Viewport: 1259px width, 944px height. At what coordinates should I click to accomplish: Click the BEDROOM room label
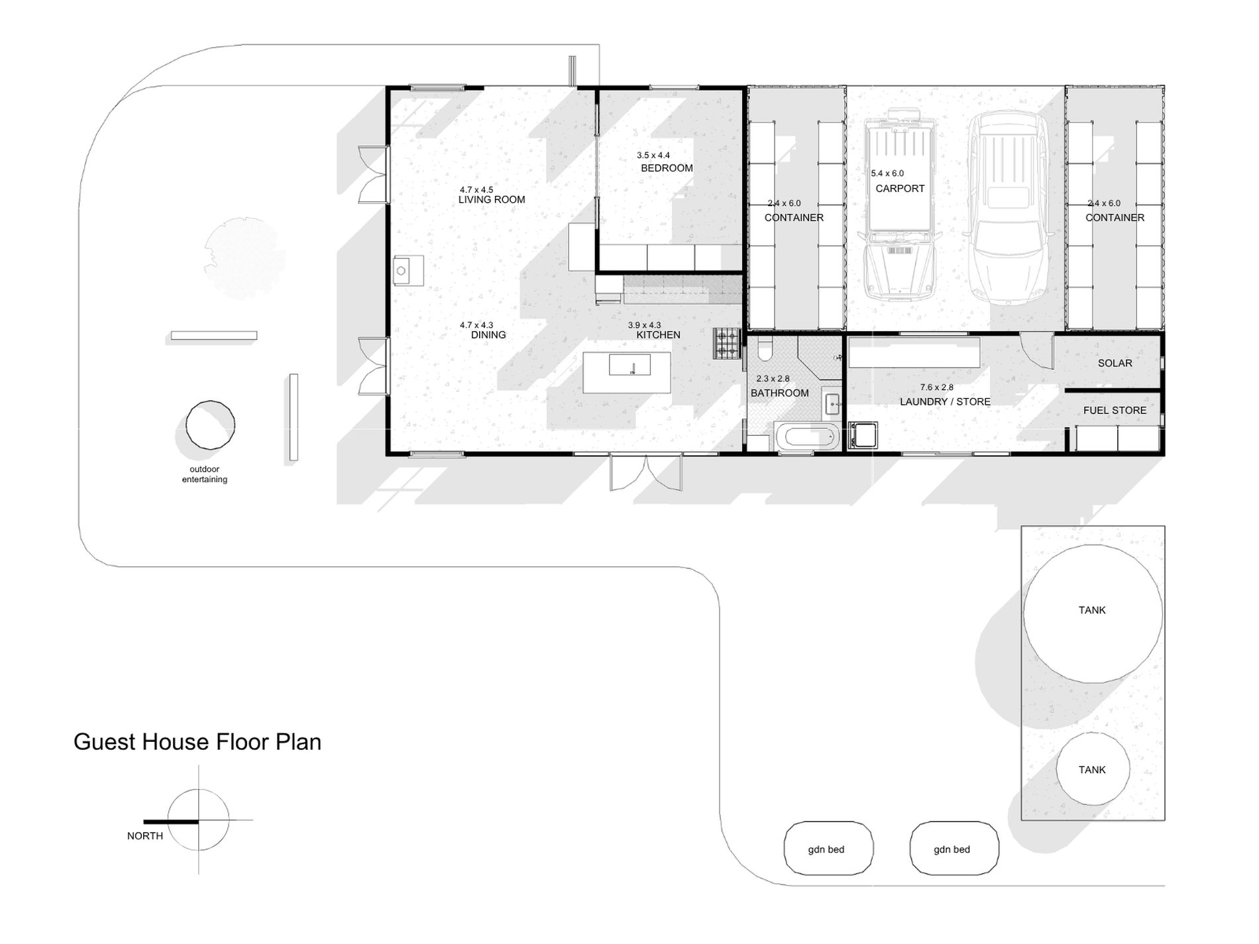click(667, 168)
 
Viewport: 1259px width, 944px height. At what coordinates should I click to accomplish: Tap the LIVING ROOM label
click(492, 199)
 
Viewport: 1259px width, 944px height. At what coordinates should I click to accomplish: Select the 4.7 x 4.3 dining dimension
click(476, 325)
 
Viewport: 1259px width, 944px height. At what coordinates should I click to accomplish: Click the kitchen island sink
click(631, 365)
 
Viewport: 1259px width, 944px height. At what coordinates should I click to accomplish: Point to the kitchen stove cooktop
click(726, 344)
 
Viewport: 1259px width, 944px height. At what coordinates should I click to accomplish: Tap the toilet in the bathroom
click(764, 347)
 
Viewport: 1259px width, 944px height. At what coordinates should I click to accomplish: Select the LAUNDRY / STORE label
click(945, 401)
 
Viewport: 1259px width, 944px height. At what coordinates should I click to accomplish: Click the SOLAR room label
click(1115, 363)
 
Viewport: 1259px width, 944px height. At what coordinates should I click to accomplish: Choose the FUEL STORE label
click(1115, 410)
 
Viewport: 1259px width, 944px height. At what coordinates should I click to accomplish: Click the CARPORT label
click(900, 189)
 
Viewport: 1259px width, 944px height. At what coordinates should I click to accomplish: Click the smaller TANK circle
click(1092, 769)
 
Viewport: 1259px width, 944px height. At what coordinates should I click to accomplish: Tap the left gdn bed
click(828, 849)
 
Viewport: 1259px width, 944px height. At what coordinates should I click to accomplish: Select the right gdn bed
click(954, 849)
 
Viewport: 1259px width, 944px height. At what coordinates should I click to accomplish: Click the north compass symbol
click(198, 820)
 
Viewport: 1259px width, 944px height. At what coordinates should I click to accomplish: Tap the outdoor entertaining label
click(205, 474)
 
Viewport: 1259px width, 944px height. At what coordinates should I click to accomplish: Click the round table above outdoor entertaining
click(210, 425)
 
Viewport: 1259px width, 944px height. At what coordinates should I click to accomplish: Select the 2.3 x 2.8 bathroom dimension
click(773, 379)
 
